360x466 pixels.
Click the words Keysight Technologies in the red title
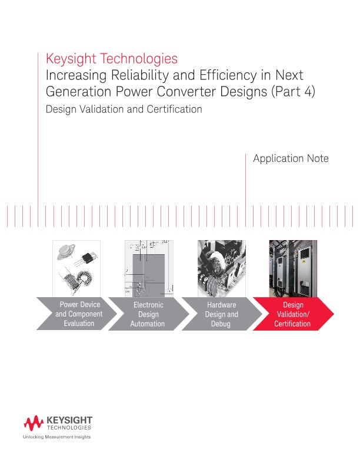point(111,59)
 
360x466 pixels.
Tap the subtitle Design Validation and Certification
point(124,109)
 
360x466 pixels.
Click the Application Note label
point(290,159)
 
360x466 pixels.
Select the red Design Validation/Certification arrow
point(292,314)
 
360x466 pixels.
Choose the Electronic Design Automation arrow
point(148,314)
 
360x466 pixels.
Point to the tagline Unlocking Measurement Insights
point(56,437)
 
